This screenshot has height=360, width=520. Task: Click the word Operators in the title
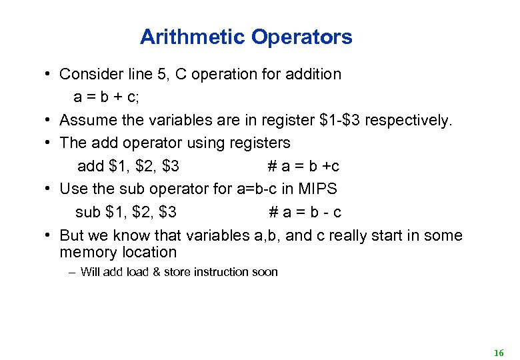[x=301, y=37]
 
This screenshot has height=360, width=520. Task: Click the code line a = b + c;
[x=107, y=97]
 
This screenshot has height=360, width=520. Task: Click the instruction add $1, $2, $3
[x=128, y=166]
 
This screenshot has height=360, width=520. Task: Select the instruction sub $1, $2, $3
[x=126, y=212]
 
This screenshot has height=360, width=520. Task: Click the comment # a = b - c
[x=305, y=212]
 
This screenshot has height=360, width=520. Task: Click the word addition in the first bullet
[x=313, y=74]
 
